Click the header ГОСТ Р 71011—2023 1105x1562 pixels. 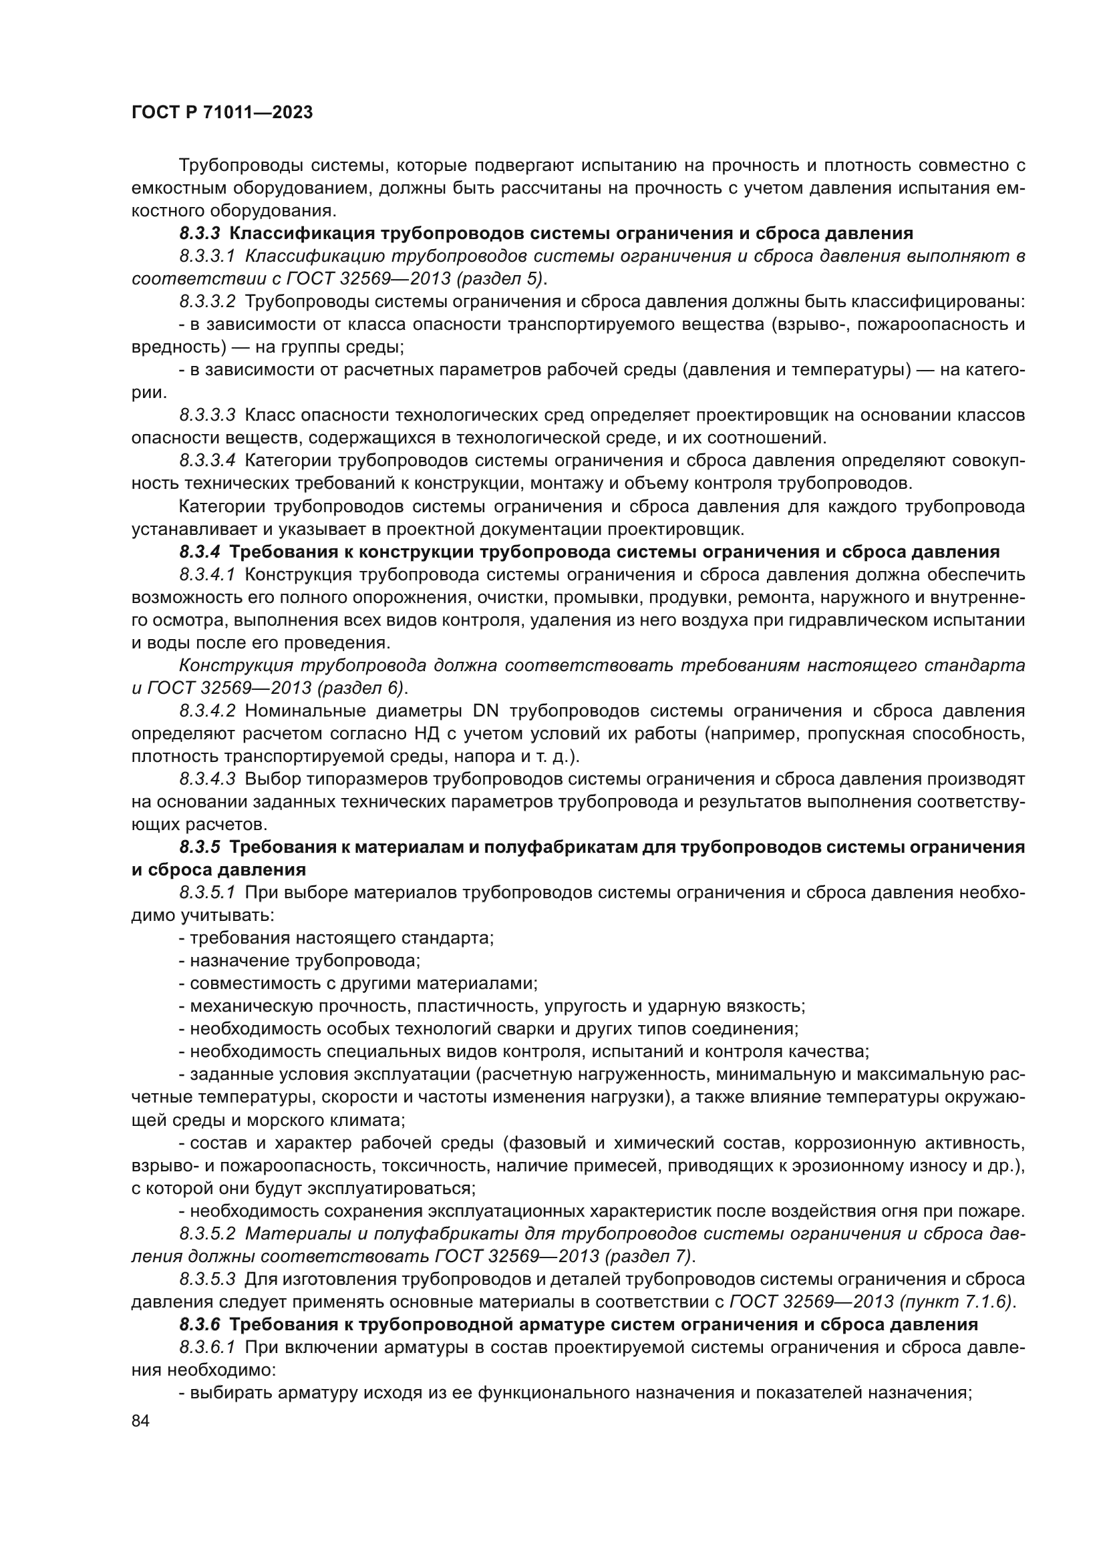tap(222, 113)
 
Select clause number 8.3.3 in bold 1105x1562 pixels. tap(200, 233)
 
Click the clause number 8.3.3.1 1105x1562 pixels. tap(207, 256)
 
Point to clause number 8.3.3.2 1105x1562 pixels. tap(208, 301)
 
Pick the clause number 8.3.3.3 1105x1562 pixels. tap(208, 415)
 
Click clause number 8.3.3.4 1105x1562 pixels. tap(208, 461)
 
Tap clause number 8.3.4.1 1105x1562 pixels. tap(207, 574)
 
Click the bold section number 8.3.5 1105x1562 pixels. tap(200, 847)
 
